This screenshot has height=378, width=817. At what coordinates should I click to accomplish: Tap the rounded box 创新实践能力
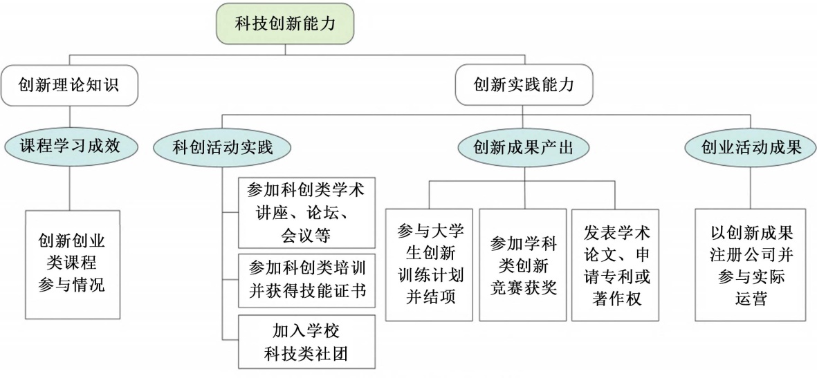(x=524, y=84)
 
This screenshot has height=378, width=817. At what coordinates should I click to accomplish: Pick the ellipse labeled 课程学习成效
(x=70, y=146)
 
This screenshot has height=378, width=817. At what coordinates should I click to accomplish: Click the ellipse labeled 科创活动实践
(x=223, y=148)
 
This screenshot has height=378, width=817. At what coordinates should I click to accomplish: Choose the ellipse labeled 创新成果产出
(x=523, y=148)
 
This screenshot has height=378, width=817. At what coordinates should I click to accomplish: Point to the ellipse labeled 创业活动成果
(x=751, y=147)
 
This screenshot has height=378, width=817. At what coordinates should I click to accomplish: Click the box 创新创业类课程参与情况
(x=72, y=264)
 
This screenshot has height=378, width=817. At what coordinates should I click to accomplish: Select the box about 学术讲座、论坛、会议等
(x=306, y=213)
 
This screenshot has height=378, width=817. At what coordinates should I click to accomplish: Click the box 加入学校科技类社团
(x=306, y=341)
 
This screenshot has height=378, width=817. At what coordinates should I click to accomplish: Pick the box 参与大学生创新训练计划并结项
(x=429, y=264)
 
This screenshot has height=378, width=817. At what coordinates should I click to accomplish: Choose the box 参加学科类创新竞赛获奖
(x=522, y=264)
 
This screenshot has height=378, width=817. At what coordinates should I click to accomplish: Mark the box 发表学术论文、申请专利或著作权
(x=615, y=264)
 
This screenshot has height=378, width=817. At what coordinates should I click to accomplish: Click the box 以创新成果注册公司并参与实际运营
(x=751, y=264)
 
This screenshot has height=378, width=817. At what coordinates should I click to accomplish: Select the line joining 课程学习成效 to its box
(x=70, y=187)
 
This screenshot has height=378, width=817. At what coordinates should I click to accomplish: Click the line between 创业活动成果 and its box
(x=751, y=187)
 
